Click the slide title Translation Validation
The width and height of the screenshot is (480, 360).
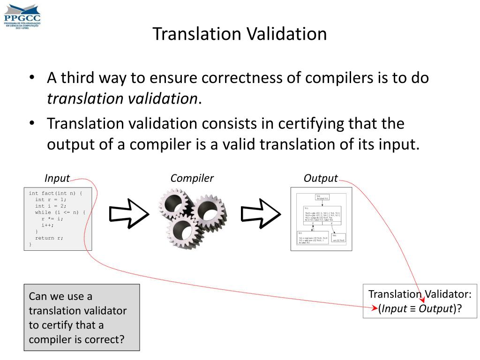tap(240, 34)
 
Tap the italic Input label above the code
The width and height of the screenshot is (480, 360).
tap(57, 178)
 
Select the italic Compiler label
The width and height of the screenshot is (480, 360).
tap(192, 178)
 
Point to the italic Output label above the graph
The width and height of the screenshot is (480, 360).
tap(321, 178)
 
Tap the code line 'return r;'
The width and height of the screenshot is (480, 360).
tap(49, 238)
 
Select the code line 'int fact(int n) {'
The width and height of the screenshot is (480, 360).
tap(55, 193)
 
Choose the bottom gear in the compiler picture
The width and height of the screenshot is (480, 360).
tap(184, 230)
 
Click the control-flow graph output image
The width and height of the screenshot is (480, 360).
tap(321, 219)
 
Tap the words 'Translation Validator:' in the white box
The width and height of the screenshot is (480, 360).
tap(420, 294)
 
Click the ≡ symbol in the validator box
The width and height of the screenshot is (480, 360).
tap(413, 308)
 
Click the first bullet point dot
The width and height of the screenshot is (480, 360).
tap(31, 77)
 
